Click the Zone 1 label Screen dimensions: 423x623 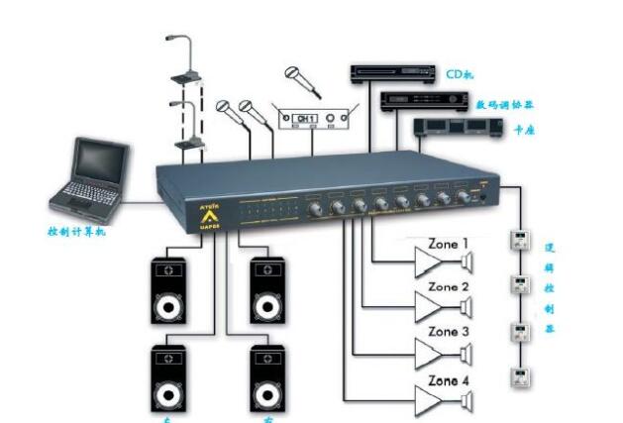tap(448, 243)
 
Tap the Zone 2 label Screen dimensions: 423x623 tap(448, 287)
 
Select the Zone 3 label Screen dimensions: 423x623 tap(448, 332)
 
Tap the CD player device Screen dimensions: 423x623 tap(392, 73)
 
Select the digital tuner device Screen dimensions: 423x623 tap(416, 101)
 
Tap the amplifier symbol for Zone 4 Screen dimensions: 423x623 tap(433, 398)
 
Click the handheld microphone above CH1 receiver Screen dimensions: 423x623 tap(303, 80)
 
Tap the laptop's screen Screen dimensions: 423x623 tap(103, 161)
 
